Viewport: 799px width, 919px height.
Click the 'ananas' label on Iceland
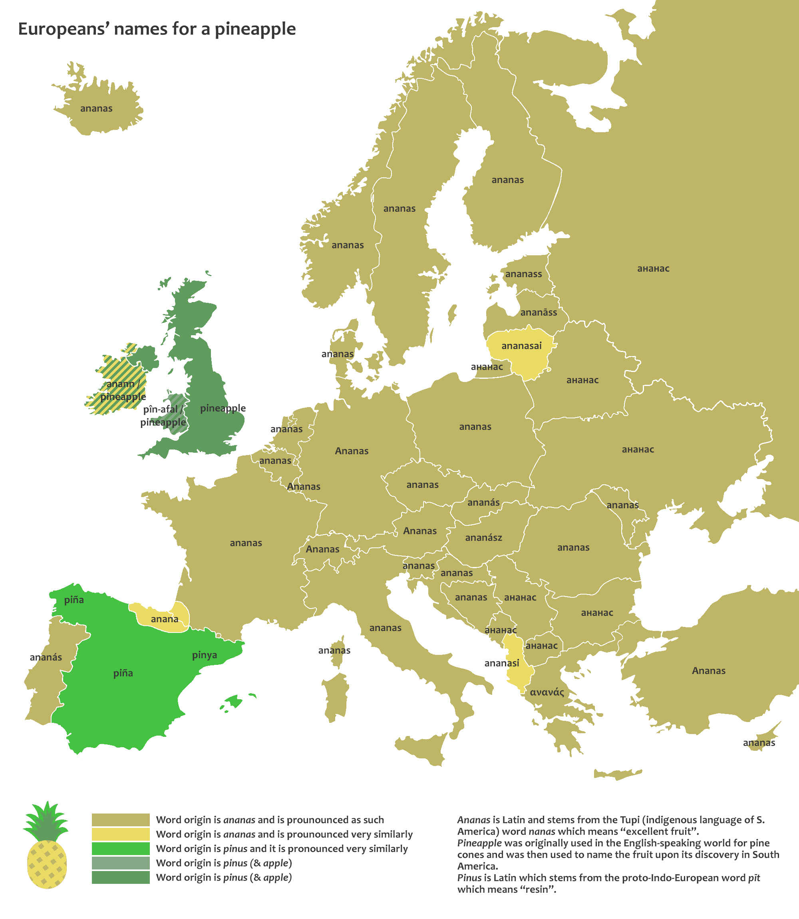(96, 108)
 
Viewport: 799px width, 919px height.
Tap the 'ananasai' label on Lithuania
(521, 346)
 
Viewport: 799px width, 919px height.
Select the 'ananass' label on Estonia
(523, 274)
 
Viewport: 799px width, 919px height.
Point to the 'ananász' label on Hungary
(483, 538)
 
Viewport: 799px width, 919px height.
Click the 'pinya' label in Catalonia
(205, 655)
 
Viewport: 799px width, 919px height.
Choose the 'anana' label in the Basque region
(165, 619)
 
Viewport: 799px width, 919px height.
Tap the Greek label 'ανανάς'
(547, 692)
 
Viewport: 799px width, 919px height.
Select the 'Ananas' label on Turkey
(708, 670)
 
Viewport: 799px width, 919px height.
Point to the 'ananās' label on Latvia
(539, 312)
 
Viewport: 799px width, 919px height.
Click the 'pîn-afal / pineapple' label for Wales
(163, 416)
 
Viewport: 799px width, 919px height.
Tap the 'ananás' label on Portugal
(46, 657)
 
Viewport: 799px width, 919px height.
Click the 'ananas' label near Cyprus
(759, 743)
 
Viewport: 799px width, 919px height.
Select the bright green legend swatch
(120, 849)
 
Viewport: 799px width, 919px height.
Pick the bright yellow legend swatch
(120, 834)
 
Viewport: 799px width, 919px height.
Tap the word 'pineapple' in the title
(255, 29)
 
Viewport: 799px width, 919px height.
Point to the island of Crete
(618, 774)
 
